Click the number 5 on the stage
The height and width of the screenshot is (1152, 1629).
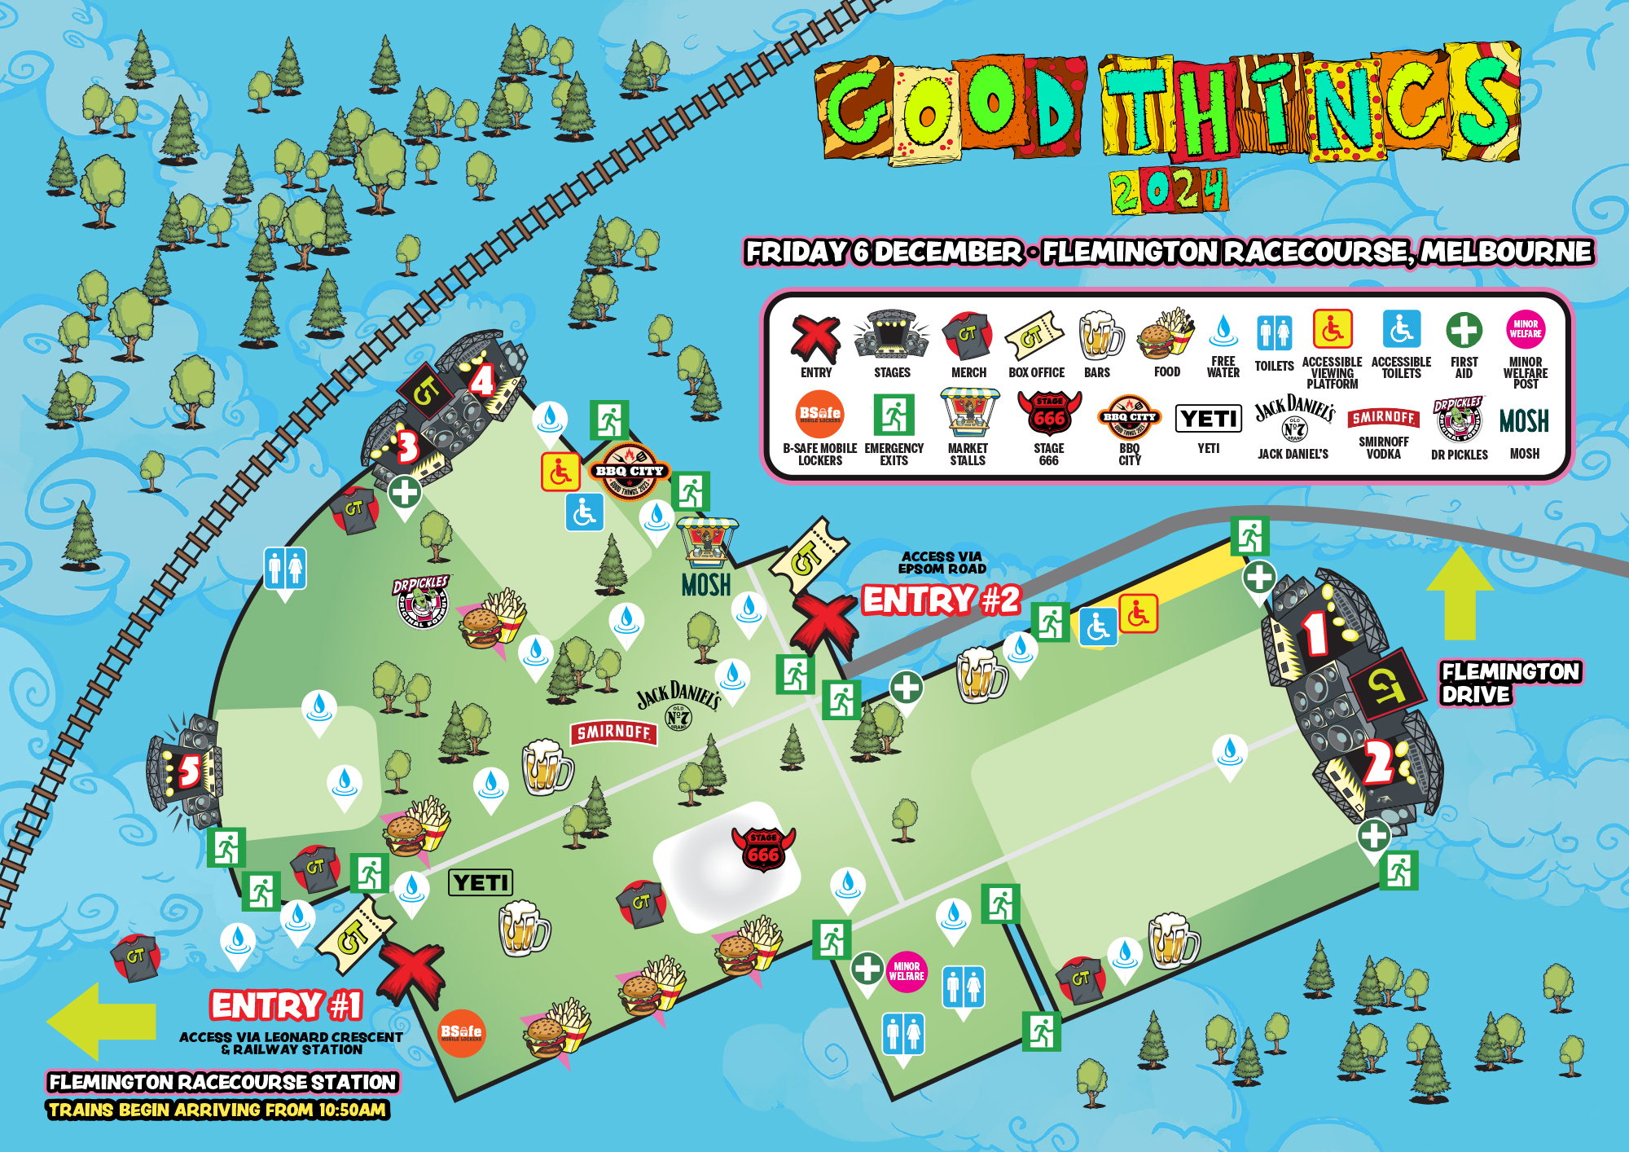(x=188, y=770)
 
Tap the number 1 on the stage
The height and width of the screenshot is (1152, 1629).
(x=1315, y=632)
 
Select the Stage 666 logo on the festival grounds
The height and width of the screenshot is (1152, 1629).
(x=763, y=848)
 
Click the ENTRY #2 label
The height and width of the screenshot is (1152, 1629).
(x=941, y=600)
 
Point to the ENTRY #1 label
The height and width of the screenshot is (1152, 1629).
(x=286, y=1005)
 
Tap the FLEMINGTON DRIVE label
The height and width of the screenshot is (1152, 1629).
(x=1509, y=683)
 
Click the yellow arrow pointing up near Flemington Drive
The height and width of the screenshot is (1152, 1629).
(x=1460, y=594)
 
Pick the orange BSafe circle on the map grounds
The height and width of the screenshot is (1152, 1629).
(x=461, y=1033)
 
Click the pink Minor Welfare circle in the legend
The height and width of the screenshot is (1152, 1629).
(x=1525, y=329)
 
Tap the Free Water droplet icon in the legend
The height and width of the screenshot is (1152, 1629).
(x=1223, y=331)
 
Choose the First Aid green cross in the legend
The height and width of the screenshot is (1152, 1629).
(x=1464, y=330)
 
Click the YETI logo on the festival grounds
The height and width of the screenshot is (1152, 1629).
(x=481, y=882)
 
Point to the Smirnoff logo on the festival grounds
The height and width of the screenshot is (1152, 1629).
(x=613, y=732)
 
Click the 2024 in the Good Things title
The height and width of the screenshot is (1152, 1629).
(x=1168, y=191)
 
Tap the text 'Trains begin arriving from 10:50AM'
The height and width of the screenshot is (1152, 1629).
(x=217, y=1110)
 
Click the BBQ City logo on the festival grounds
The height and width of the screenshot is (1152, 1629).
(x=630, y=472)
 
